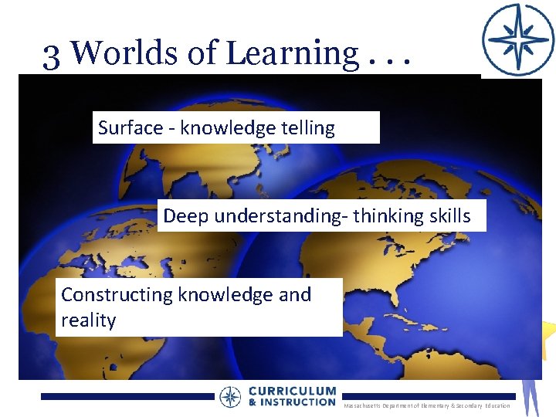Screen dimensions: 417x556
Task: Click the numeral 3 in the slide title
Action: coord(52,53)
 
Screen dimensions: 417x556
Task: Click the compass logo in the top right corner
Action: coord(517,39)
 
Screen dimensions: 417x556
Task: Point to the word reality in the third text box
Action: coord(89,320)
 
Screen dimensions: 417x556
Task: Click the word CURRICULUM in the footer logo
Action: coord(292,392)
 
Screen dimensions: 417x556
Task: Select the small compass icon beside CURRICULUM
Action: coord(230,397)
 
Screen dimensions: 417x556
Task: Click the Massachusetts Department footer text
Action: coord(425,405)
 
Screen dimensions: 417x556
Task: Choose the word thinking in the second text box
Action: coord(381,216)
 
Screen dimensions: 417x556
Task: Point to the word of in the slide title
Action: coord(204,53)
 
